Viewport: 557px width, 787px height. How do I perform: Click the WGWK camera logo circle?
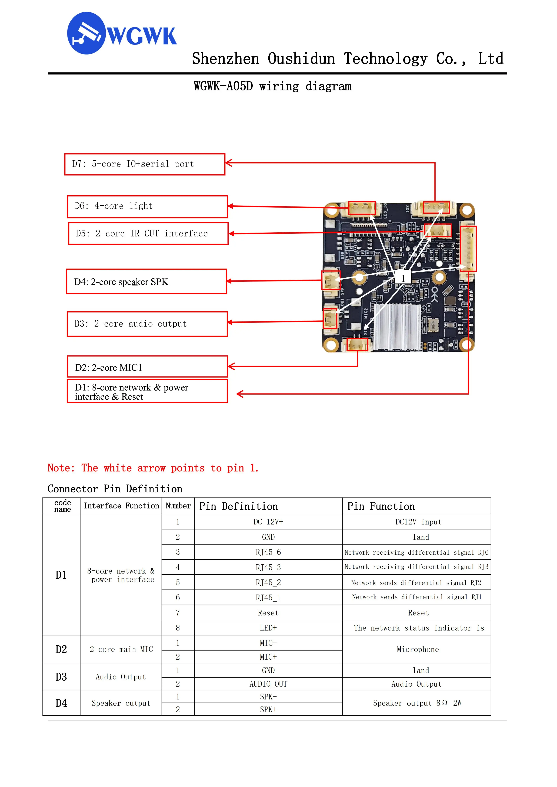pos(86,33)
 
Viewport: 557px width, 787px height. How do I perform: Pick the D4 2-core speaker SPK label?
pos(146,282)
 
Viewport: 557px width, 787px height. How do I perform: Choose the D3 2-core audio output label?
pos(147,324)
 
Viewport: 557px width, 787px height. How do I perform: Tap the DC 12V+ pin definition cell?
pos(268,522)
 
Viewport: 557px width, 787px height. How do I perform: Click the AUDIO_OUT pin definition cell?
pos(268,684)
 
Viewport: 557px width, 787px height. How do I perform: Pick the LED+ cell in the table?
pos(268,628)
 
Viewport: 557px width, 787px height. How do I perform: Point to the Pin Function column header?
pos(381,506)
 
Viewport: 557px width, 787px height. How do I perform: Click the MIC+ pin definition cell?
pos(268,657)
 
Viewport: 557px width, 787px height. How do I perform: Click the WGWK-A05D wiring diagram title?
pos(273,86)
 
